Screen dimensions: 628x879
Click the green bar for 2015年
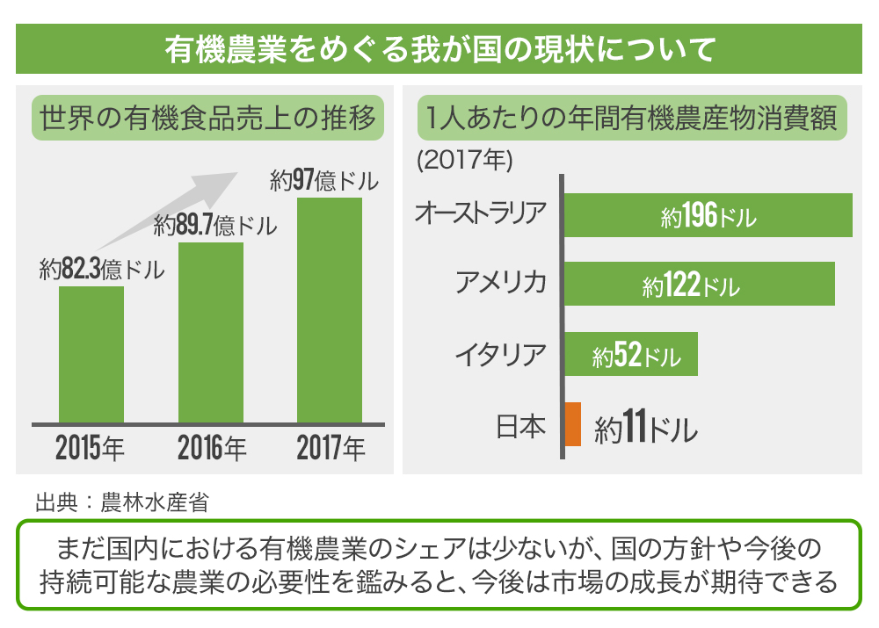pos(91,355)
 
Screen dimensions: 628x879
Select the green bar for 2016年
pos(211,333)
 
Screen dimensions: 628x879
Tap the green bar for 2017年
pos(330,310)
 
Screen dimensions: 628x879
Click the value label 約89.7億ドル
pos(215,227)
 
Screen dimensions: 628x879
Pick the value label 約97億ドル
pos(324,182)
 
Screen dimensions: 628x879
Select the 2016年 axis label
pos(212,448)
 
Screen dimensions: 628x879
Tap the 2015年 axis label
pos(91,448)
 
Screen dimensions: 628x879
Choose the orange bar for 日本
pos(573,423)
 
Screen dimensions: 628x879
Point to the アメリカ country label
pos(500,283)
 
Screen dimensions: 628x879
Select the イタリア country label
pos(500,354)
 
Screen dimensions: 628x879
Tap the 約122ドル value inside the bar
pos(691,285)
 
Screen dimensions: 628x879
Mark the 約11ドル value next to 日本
pos(645,429)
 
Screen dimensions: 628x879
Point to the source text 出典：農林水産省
pos(122,503)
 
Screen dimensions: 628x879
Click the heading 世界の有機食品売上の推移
pos(208,117)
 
